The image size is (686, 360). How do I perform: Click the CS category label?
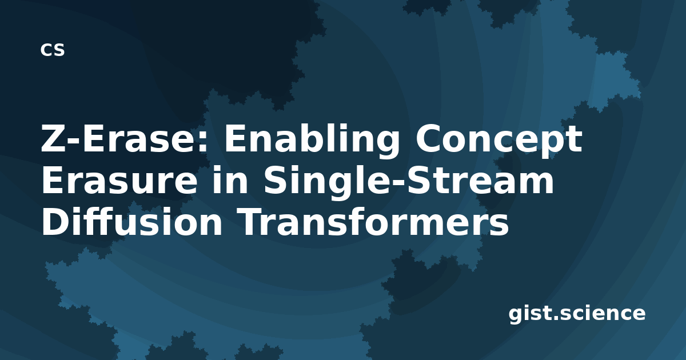coord(53,50)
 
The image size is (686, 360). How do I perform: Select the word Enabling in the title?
coord(312,140)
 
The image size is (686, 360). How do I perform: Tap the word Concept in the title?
coord(499,140)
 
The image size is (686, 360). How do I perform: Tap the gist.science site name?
coord(577,314)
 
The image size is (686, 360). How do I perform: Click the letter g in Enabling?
coord(387,144)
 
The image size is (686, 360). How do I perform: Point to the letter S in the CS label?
coord(59,50)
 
